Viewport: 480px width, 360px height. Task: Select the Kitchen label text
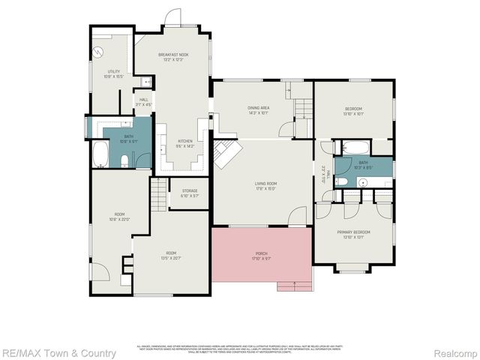point(185,143)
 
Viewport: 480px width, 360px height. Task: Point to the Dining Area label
point(259,110)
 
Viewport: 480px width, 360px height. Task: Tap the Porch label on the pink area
point(261,256)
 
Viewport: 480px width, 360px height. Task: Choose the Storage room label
point(190,193)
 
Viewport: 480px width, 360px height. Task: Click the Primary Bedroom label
point(352,235)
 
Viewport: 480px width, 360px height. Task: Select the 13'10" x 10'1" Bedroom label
point(352,111)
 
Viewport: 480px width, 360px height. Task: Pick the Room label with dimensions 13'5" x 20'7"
point(171,254)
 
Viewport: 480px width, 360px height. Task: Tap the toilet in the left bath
point(126,160)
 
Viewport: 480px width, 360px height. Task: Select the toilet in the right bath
point(340,181)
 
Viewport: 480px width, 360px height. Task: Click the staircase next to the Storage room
point(157,196)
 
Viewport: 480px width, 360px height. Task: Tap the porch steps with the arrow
point(294,286)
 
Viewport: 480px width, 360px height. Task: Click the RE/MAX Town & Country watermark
point(58,352)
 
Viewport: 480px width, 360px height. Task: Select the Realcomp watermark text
point(452,352)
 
